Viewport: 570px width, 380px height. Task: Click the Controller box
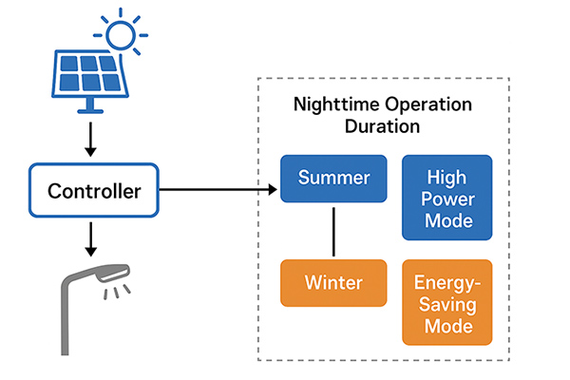[94, 190]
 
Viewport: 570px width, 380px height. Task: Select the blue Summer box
[333, 179]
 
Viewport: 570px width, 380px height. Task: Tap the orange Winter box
[333, 283]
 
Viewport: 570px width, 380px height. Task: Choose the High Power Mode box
[447, 198]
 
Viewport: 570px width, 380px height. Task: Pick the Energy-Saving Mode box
[447, 302]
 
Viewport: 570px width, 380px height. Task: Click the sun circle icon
[121, 35]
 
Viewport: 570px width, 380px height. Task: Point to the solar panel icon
[90, 81]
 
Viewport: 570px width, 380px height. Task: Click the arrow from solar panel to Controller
[90, 140]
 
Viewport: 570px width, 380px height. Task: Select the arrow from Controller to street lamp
[90, 239]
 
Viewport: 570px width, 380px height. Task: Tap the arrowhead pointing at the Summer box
[273, 189]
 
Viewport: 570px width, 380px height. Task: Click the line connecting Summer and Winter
[333, 232]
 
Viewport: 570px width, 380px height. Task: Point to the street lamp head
[113, 273]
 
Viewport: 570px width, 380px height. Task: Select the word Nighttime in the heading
[336, 105]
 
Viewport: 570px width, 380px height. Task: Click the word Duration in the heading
[383, 126]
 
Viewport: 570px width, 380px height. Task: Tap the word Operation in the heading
[428, 105]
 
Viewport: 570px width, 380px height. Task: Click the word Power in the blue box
[447, 199]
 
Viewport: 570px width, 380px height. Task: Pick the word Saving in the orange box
[447, 304]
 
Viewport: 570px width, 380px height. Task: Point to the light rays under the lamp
[117, 292]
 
